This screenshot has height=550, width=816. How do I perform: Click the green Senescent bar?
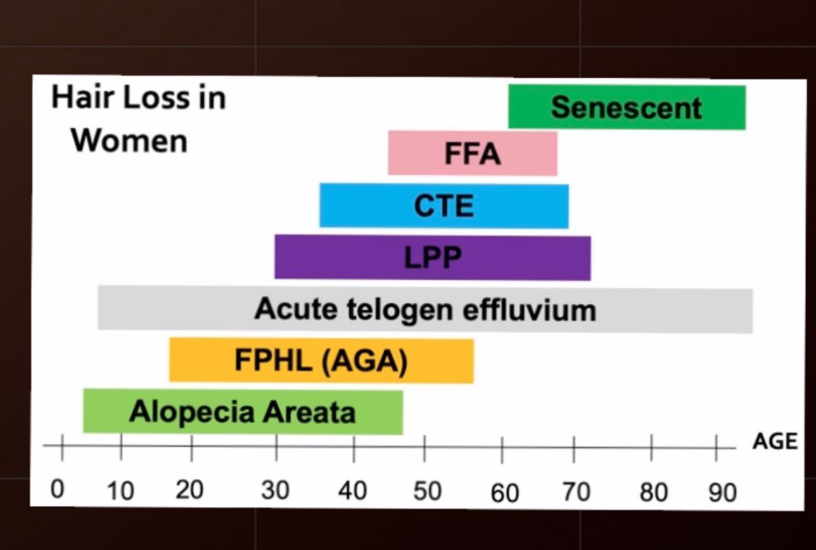pos(626,107)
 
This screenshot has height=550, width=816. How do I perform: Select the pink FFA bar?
pos(473,153)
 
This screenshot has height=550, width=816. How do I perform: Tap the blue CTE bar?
pos(444,205)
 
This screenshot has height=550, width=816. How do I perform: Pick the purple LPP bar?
pos(433,257)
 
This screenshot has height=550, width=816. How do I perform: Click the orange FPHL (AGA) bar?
pos(321,361)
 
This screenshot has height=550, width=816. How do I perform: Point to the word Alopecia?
pos(184,411)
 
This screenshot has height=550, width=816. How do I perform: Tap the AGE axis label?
pos(775,442)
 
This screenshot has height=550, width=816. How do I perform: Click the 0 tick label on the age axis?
pos(58,489)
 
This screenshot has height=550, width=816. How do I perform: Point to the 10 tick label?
pos(120,491)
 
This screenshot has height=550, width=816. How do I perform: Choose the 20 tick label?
pos(190,490)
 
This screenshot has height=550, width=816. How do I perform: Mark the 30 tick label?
pos(275,490)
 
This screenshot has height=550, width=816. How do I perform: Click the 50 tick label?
pos(427,491)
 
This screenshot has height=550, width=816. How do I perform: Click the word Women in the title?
pos(129,141)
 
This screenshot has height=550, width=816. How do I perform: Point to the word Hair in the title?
pos(78,98)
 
